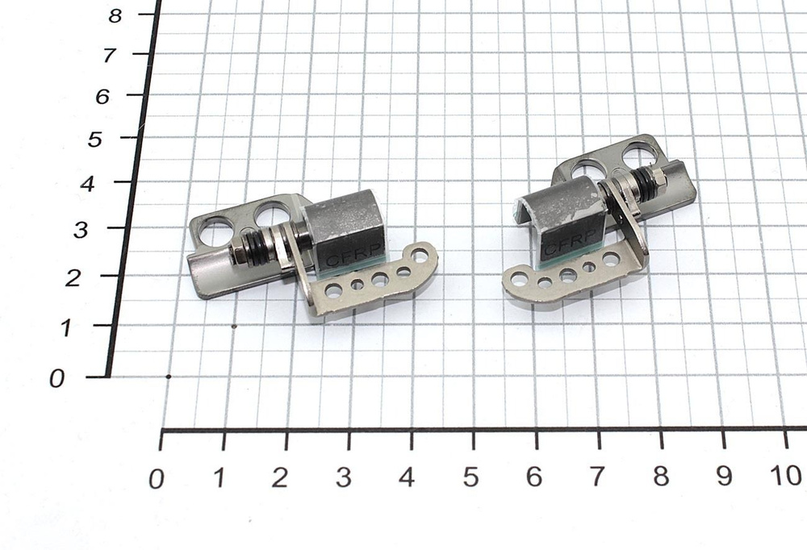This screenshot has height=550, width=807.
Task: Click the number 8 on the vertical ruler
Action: pos(115,16)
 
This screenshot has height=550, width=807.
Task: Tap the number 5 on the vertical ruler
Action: pos(94,140)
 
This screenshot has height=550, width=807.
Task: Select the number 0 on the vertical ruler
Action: pos(56,379)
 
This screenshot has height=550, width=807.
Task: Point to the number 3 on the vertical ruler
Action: pos(80,231)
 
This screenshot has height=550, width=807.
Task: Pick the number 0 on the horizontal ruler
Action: pos(157,479)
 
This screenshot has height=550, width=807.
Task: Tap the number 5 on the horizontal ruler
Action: pos(470,477)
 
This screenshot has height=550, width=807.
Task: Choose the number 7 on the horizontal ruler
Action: pos(596,477)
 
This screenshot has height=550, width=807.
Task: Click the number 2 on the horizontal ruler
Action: pos(279,478)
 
